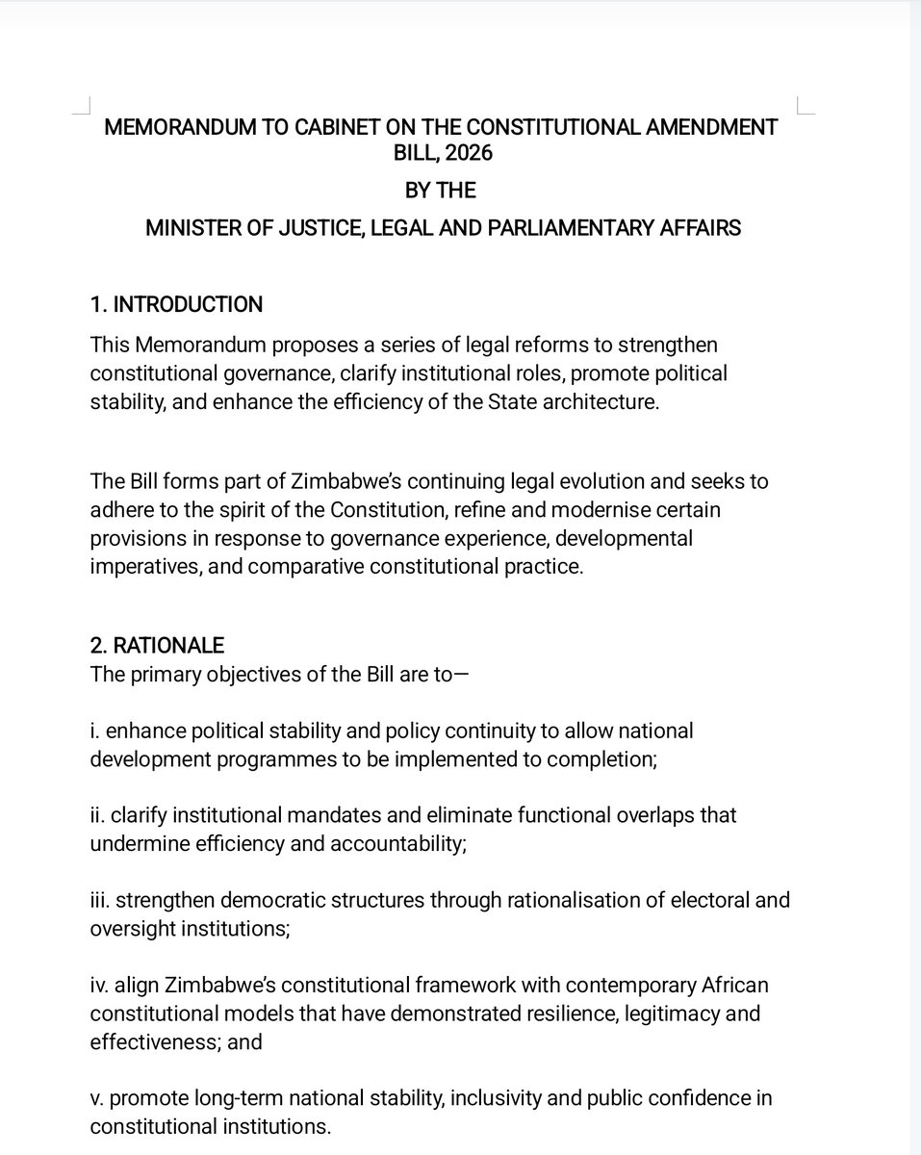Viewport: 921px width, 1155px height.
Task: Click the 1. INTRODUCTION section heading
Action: pyautogui.click(x=176, y=305)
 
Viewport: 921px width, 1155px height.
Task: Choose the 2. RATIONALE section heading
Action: pyautogui.click(x=157, y=645)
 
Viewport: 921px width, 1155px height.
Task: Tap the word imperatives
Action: pyautogui.click(x=141, y=567)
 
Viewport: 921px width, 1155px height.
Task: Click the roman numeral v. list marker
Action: pyautogui.click(x=96, y=1098)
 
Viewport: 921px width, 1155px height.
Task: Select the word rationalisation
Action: pyautogui.click(x=552, y=900)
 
